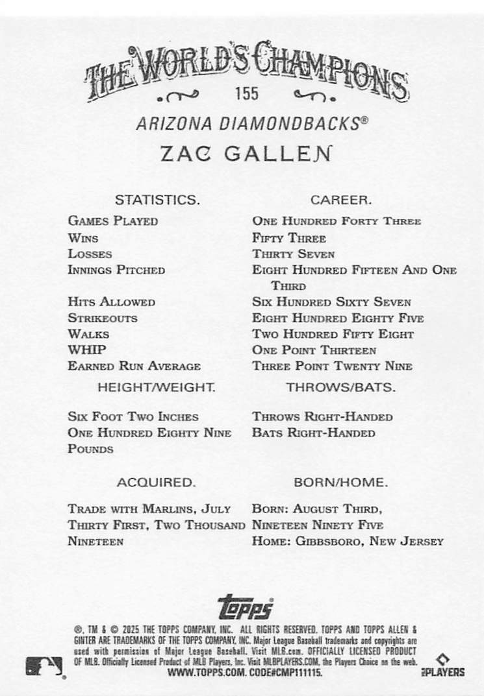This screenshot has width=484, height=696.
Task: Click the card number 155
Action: pos(247,93)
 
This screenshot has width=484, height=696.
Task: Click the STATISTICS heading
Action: pos(157,200)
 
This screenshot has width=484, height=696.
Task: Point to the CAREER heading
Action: pos(341,200)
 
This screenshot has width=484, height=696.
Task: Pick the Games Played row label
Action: pos(112,221)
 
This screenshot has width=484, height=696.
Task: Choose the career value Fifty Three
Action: pos(289,238)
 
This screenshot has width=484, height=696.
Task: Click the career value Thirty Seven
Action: pos(294,254)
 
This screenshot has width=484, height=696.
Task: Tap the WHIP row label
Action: pos(87,350)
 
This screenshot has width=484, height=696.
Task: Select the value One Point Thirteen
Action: pos(314,350)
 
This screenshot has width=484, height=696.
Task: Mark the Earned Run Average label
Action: pos(134,366)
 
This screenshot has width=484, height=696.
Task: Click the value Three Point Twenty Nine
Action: pos(333,366)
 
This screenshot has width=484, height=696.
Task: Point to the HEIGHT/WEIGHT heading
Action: pos(157,388)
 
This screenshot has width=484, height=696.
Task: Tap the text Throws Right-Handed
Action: pos(322,417)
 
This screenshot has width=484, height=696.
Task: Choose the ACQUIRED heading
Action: pos(156,483)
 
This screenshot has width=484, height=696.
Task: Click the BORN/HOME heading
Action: pos(341,483)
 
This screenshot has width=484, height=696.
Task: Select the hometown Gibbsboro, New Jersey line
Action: pos(348,541)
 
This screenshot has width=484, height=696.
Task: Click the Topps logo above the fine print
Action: pos(246,606)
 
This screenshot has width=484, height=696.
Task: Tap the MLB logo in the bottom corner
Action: pos(45,666)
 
